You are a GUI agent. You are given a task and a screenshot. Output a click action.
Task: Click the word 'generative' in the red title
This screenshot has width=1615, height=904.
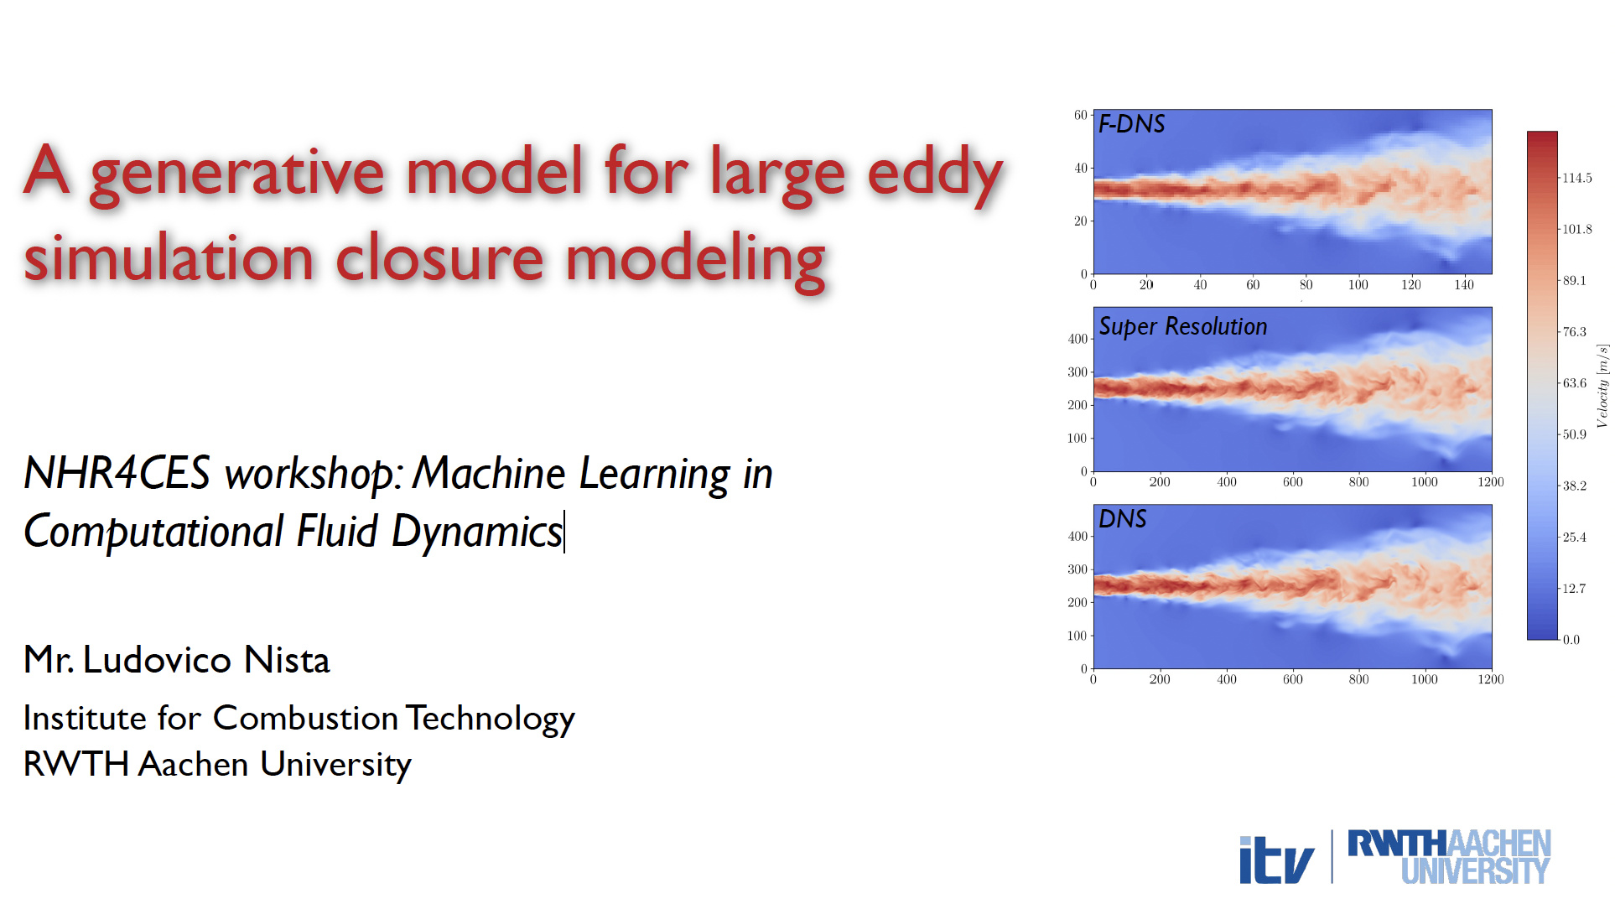point(236,174)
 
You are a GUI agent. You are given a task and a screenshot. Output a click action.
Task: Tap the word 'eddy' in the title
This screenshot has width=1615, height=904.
point(935,174)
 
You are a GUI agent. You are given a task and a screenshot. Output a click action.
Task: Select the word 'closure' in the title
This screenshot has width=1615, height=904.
point(439,257)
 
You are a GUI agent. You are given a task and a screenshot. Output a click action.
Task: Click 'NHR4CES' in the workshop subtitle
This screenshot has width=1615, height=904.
point(117,473)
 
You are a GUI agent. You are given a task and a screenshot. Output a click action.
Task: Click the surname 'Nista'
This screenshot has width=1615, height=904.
point(287,660)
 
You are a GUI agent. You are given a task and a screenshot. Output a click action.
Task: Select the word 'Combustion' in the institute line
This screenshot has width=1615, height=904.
point(305,718)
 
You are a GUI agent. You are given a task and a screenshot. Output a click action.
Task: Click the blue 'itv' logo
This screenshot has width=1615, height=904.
point(1276,860)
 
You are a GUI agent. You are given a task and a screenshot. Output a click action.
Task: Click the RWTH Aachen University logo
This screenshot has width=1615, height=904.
point(1449,857)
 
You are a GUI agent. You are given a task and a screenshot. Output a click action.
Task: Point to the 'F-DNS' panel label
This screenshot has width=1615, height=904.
point(1131,124)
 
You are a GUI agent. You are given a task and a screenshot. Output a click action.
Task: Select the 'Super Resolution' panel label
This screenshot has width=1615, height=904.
point(1182,326)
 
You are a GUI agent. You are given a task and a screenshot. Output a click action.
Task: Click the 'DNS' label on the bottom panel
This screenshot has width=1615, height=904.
point(1122,519)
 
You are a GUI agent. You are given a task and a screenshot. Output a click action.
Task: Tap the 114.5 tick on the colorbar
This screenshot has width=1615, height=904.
point(1576,178)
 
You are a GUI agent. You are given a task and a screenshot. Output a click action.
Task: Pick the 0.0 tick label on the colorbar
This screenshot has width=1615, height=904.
point(1571,640)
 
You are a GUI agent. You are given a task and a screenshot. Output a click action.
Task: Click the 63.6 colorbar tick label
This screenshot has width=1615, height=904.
point(1574,383)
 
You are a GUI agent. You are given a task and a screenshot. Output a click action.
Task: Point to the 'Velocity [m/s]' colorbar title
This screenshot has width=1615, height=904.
point(1602,386)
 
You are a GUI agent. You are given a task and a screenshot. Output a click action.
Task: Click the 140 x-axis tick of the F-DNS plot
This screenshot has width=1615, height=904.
point(1463,285)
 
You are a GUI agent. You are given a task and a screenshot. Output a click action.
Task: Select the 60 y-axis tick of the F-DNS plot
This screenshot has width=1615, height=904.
point(1080,116)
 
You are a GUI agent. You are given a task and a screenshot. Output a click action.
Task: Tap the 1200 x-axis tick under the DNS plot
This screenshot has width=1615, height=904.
point(1490,679)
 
